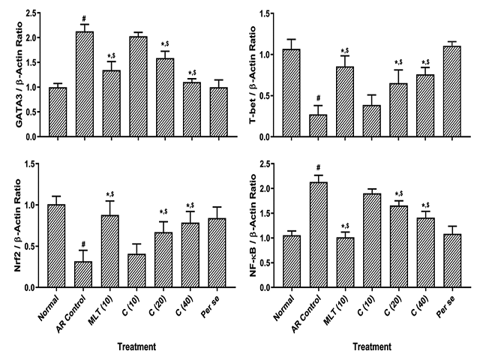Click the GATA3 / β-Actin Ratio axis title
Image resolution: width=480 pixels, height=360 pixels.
tap(10, 74)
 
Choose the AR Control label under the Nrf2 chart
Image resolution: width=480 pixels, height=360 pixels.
tap(78, 309)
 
